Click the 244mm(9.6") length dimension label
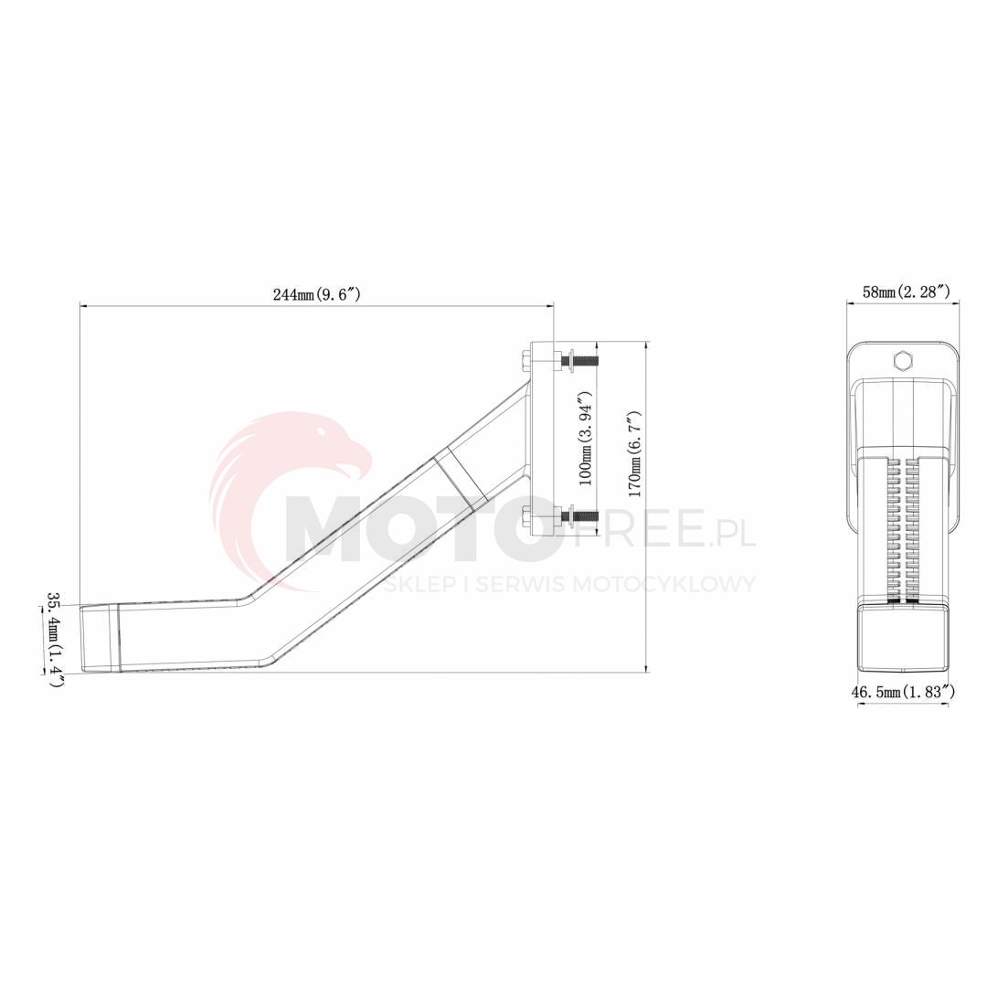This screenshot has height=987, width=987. pos(316,294)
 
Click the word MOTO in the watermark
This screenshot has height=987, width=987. pos(420,530)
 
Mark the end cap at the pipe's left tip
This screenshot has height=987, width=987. pos(98,639)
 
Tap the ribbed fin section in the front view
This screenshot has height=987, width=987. pos(902,530)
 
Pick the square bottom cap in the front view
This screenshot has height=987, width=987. pos(902,640)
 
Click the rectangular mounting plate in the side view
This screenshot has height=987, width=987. pos(543,439)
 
